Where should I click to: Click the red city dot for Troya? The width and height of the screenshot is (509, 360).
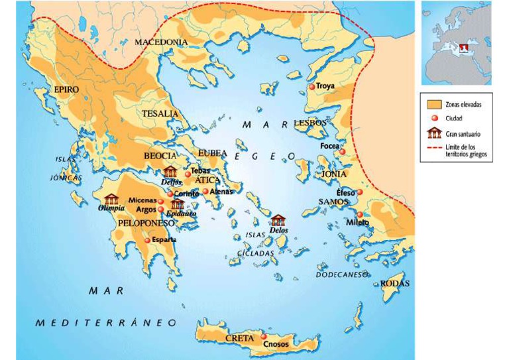pos(311,87)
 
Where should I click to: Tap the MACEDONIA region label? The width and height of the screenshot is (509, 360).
pos(161,42)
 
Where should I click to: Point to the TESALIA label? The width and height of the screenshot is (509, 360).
pos(160,113)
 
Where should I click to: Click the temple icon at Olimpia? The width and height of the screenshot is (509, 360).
pos(111,199)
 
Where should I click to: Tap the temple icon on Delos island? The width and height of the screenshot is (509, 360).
pos(278,221)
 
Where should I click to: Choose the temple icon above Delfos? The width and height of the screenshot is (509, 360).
pos(170,172)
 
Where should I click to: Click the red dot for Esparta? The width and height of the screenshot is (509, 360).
pos(147,240)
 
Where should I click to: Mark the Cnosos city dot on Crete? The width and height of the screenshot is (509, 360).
pos(264,337)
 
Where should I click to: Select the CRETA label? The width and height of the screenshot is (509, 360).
pos(239,338)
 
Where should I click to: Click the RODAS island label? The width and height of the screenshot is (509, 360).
pos(394,284)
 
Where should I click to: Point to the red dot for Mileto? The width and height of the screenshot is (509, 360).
pos(359,215)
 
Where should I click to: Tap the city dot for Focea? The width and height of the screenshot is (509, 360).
pos(342,152)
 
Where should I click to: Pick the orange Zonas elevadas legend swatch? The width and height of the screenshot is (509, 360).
pos(434,105)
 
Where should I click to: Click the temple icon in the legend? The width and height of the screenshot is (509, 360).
pos(435,133)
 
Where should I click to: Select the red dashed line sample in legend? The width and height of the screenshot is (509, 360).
pos(434,147)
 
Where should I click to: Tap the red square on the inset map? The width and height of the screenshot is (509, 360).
pos(464,48)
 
